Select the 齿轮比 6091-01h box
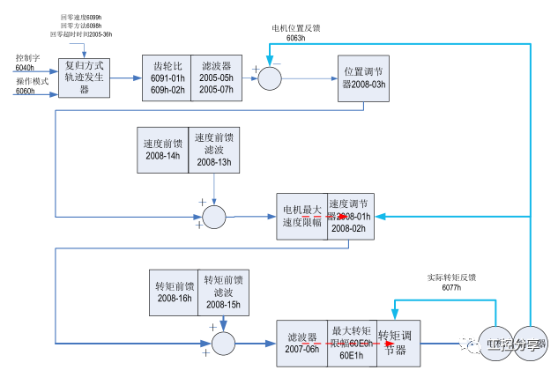166,77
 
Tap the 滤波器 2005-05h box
215,77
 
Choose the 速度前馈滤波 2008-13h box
214,149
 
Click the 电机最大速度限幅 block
301,216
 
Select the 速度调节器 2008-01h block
352,216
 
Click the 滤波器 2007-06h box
302,343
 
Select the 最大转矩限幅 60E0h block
353,343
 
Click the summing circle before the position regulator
269,78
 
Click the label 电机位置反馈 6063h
295,33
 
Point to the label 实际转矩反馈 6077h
451,282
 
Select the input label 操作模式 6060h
32,85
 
